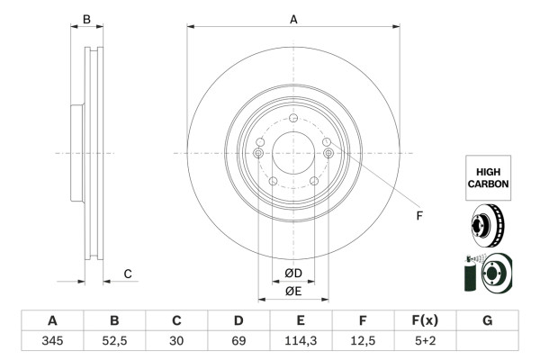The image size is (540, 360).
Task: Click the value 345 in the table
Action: pyautogui.click(x=52, y=340)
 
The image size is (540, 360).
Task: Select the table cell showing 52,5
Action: pyautogui.click(x=114, y=340)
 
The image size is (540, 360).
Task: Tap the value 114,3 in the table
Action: pyautogui.click(x=301, y=340)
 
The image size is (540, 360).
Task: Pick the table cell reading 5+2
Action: pyautogui.click(x=425, y=340)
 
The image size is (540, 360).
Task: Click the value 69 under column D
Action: pyautogui.click(x=238, y=340)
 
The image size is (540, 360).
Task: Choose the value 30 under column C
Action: pyautogui.click(x=176, y=340)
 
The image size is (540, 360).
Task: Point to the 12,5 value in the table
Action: pyautogui.click(x=363, y=340)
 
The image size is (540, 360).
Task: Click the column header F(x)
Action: pyautogui.click(x=425, y=320)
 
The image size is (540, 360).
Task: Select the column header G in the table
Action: pyautogui.click(x=487, y=320)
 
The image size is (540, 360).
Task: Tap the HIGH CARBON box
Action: pyautogui.click(x=488, y=176)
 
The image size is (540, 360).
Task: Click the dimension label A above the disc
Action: pyautogui.click(x=293, y=18)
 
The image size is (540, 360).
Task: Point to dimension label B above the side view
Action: pyautogui.click(x=86, y=19)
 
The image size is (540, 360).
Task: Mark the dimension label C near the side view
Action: pyautogui.click(x=128, y=274)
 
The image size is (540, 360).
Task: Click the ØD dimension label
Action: pyautogui.click(x=293, y=274)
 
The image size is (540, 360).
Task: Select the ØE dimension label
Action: pyautogui.click(x=293, y=291)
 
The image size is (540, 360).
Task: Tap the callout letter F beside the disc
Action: pyautogui.click(x=418, y=216)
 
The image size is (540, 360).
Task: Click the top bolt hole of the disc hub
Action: pyautogui.click(x=293, y=121)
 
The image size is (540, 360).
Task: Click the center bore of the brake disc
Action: pyautogui.click(x=293, y=153)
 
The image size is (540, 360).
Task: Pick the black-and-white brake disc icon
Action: pyautogui.click(x=487, y=226)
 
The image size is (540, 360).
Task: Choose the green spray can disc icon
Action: pyautogui.click(x=487, y=274)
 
